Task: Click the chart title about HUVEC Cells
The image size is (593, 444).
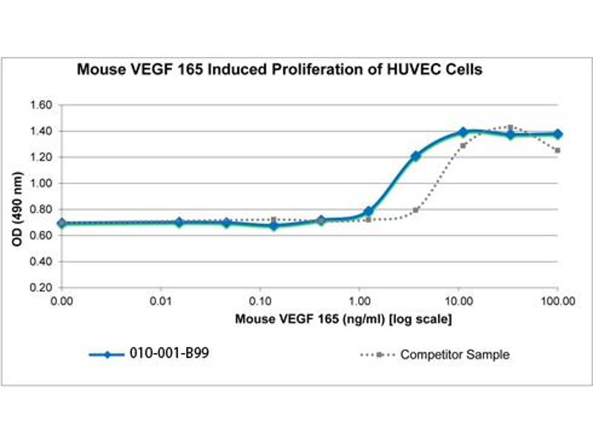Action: [x=280, y=70]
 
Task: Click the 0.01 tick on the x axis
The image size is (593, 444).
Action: [x=161, y=302]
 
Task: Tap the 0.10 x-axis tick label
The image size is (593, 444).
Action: [x=260, y=302]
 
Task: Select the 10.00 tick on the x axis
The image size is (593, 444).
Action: [x=458, y=302]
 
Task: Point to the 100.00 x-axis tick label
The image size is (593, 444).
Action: [x=557, y=302]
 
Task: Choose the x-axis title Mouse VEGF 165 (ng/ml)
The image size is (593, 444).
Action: [x=344, y=320]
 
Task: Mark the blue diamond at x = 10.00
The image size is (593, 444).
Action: [x=463, y=132]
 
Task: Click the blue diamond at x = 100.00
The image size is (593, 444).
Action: [x=557, y=134]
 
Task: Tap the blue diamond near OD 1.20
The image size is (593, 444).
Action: [x=416, y=156]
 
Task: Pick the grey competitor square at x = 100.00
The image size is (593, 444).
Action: [x=557, y=150]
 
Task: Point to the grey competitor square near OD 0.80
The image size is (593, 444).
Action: [x=416, y=209]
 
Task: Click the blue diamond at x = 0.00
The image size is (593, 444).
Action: [x=62, y=223]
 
